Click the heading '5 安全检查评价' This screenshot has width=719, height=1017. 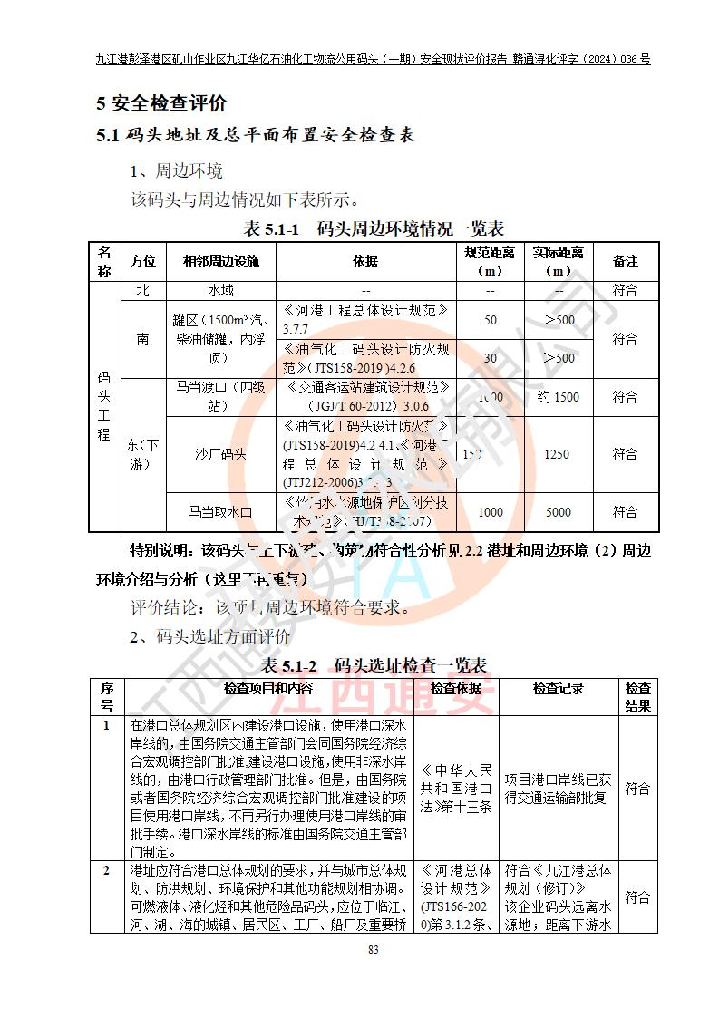pos(161,103)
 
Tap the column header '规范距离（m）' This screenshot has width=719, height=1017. pos(490,261)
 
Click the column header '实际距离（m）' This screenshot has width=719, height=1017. pos(558,261)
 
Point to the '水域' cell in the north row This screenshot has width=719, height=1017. pos(221,291)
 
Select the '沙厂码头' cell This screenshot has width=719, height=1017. pos(221,454)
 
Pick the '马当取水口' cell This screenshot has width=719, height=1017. pos(221,512)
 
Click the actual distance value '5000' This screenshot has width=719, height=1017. pos(558,512)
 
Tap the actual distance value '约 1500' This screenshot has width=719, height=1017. pos(558,397)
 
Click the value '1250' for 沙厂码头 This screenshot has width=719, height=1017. pos(558,454)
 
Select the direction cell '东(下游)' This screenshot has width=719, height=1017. pos(142,454)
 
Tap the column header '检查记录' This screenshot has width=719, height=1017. pos(558,690)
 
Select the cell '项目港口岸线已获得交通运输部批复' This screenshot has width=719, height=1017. pos(558,789)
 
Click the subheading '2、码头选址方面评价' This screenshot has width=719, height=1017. pos(210,637)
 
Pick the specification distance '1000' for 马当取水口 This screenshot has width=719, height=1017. pos(490,512)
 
